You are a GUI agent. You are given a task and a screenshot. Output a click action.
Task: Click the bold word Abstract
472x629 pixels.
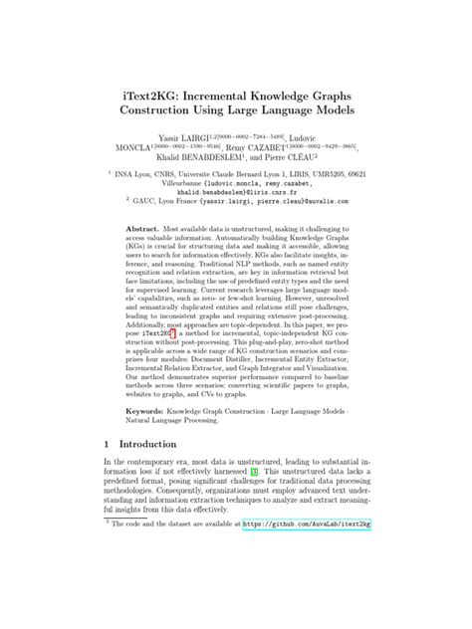[x=144, y=229]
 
